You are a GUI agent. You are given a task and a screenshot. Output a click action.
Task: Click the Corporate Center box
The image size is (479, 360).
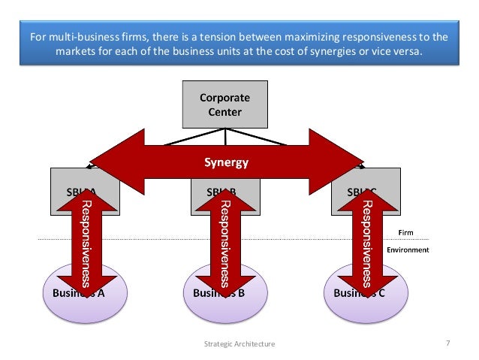(224, 105)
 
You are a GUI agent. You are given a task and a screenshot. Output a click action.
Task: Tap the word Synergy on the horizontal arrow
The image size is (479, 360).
(226, 162)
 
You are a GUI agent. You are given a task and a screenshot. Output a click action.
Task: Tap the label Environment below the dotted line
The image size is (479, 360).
(408, 250)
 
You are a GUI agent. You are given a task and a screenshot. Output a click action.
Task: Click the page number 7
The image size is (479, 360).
(447, 343)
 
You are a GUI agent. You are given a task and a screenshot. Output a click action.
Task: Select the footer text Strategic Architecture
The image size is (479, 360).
(239, 343)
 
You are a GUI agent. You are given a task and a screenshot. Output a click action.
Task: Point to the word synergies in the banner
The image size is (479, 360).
(337, 51)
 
